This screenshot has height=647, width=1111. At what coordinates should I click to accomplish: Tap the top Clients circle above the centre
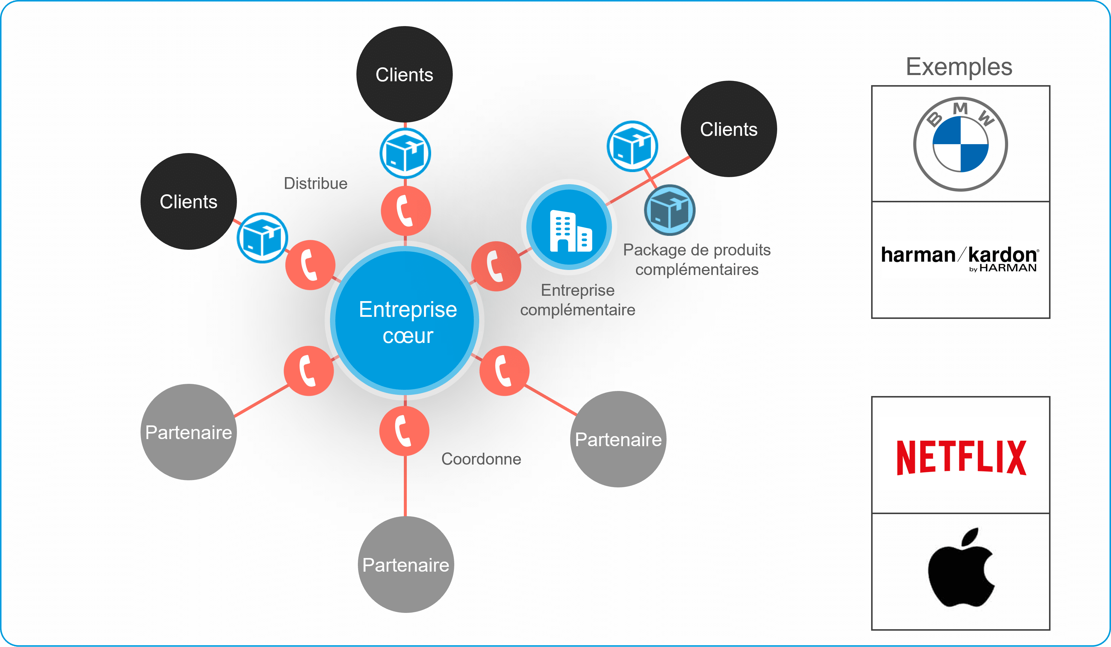(404, 74)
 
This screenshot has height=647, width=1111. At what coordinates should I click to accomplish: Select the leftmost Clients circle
(189, 201)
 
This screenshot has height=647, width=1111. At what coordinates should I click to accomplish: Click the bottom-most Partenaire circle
(406, 565)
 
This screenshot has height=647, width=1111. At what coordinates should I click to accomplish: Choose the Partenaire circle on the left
(189, 432)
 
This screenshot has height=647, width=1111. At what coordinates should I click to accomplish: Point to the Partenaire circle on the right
(618, 439)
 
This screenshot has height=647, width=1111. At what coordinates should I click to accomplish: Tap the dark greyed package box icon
(669, 210)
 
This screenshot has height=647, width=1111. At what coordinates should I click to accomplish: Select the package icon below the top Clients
(405, 153)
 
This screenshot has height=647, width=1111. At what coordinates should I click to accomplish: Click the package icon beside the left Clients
(262, 238)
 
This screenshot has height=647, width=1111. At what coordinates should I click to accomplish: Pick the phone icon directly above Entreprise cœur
(406, 211)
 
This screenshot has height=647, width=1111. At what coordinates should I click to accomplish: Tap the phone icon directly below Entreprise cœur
(404, 431)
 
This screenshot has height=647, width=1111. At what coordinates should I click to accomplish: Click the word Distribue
(316, 183)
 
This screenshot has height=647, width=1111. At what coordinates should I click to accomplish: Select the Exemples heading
(959, 67)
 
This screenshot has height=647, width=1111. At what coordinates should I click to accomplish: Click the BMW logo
(960, 144)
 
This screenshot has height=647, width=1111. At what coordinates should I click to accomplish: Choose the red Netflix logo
(961, 457)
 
